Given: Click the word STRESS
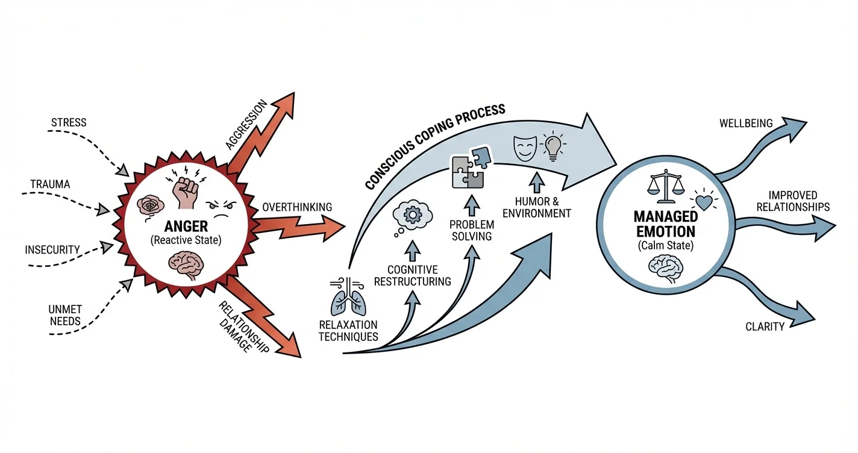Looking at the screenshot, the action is [69, 122].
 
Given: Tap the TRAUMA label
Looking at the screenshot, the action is [50, 184].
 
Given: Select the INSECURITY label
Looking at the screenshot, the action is [52, 249].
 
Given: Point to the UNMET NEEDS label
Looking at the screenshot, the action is [65, 315].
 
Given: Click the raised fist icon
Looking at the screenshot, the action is [186, 189].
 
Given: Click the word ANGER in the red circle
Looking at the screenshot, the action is [186, 226].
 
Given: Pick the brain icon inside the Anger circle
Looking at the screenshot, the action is [187, 264].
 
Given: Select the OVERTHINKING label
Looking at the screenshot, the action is [297, 207].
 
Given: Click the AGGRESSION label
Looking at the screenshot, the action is [246, 125].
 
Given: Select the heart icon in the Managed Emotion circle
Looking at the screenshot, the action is [704, 201].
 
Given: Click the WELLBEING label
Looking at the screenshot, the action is [746, 123].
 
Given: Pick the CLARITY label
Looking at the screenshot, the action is [765, 326].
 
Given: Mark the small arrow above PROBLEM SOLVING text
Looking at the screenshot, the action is [472, 205].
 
